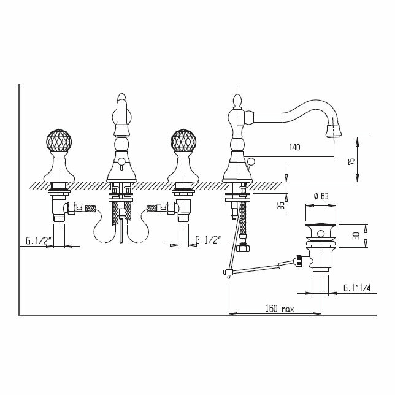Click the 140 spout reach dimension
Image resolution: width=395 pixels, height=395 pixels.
pos(295,147)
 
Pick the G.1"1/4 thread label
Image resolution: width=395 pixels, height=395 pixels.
pos(357,287)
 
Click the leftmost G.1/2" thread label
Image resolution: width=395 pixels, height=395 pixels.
pos(38,240)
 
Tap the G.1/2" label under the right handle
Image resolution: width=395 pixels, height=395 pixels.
pos(209,240)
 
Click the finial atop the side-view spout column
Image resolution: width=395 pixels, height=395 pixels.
pos(236,101)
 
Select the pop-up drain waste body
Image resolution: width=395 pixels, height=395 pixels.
pos(320,245)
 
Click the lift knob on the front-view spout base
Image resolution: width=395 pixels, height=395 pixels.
pos(121,162)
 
